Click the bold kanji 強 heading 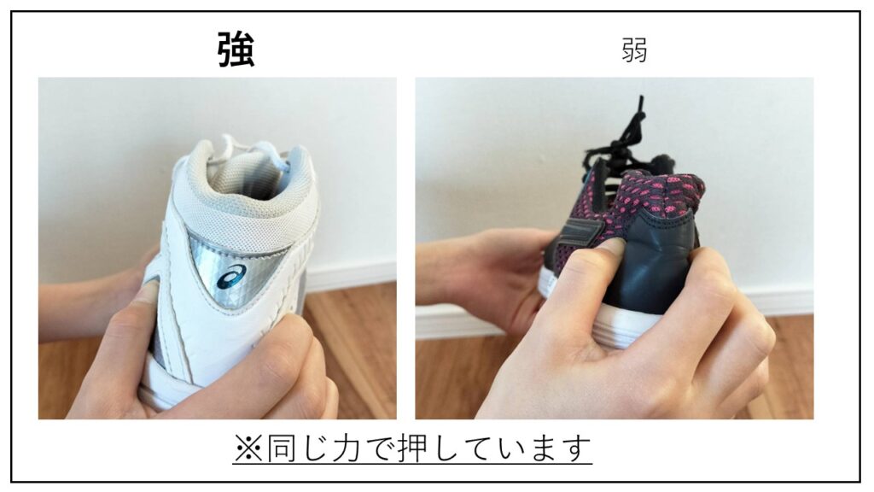pos(236,50)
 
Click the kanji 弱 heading pos(634,50)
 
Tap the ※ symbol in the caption pos(248,448)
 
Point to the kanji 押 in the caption pos(413,448)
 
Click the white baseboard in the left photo pos(350,276)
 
